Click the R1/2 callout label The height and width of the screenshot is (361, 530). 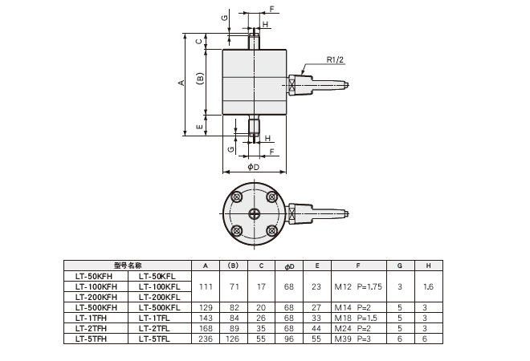[336, 59]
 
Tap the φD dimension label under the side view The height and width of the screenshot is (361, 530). [253, 167]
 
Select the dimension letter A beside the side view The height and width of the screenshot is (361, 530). [182, 83]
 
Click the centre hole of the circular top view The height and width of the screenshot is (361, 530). [255, 213]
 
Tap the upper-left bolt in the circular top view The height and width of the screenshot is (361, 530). [237, 197]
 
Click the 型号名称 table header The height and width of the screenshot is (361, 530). [127, 265]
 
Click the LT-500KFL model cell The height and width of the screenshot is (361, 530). [159, 307]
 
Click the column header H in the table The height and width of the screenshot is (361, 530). [429, 265]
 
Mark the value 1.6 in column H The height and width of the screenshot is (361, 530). [429, 286]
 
